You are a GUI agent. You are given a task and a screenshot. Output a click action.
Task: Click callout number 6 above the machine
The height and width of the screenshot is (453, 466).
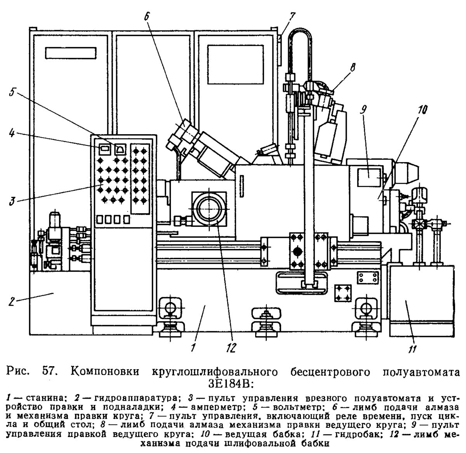point(146,16)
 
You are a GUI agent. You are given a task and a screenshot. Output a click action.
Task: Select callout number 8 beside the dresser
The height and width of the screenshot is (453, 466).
point(352,67)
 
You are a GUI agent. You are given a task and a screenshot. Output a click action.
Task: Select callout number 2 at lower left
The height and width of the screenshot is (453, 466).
point(11,302)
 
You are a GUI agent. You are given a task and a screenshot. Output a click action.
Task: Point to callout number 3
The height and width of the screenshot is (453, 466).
point(12,201)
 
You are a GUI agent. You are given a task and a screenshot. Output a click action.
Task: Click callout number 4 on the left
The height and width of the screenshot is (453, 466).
point(12,133)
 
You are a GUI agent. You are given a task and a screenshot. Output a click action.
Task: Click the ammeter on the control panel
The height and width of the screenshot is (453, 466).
point(104,149)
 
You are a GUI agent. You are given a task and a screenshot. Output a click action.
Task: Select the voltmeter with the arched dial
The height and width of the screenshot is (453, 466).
point(120,149)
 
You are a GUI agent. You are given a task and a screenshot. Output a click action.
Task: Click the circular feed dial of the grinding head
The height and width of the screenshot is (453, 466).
point(209,209)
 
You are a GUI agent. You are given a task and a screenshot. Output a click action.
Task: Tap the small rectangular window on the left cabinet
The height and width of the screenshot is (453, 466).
point(71,53)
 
